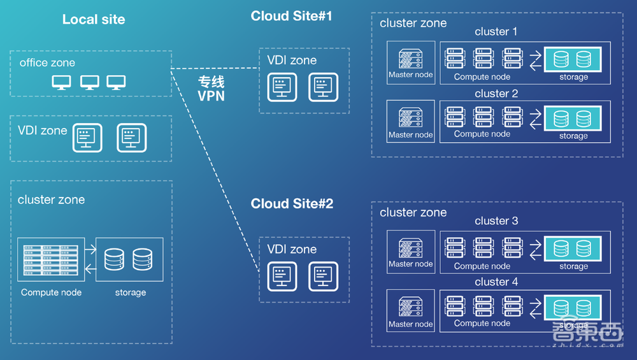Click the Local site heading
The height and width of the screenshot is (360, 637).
coord(94,19)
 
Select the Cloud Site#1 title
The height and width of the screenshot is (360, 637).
coord(291,16)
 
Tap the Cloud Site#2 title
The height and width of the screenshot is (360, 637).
coord(292,204)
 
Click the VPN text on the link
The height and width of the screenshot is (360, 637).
coord(211,96)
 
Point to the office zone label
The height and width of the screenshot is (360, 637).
coord(47,62)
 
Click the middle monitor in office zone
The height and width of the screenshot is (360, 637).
coord(90,82)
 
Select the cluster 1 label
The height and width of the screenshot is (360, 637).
coord(496,32)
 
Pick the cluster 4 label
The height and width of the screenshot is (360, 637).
coord(496,282)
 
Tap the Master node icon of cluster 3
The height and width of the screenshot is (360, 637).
coord(410,247)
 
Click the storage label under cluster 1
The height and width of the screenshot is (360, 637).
coord(573,77)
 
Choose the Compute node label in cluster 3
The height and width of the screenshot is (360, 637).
coord(482,266)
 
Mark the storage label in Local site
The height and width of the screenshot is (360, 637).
coord(131,292)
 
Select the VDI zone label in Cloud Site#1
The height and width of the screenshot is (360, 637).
coord(292,61)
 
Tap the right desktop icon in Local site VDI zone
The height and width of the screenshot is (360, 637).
coord(132,137)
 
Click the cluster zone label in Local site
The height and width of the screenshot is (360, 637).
coord(51,199)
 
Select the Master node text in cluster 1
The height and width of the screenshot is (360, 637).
coord(410,75)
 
